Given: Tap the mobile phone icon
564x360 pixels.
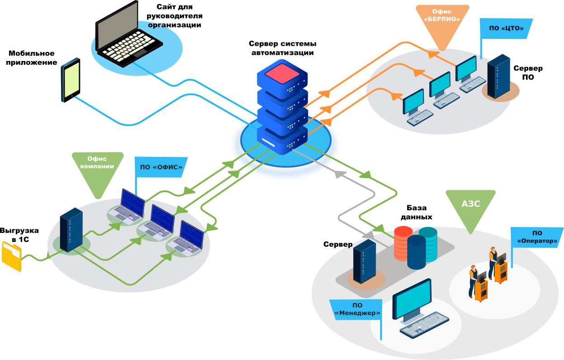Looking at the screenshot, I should click(71, 80).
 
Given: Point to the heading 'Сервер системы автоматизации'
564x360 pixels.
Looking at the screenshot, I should click(282, 48).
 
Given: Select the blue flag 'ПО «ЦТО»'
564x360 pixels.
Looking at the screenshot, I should click(506, 28).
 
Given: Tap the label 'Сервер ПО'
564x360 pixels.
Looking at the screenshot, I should click(528, 72).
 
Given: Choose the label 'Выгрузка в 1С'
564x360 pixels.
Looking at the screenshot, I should click(19, 235).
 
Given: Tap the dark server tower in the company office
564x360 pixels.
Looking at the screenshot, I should click(71, 229).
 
